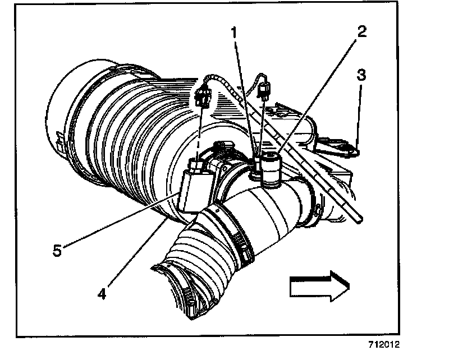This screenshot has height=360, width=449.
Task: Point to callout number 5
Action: (x=57, y=250)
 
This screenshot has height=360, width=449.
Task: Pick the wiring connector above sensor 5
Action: (x=204, y=95)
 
